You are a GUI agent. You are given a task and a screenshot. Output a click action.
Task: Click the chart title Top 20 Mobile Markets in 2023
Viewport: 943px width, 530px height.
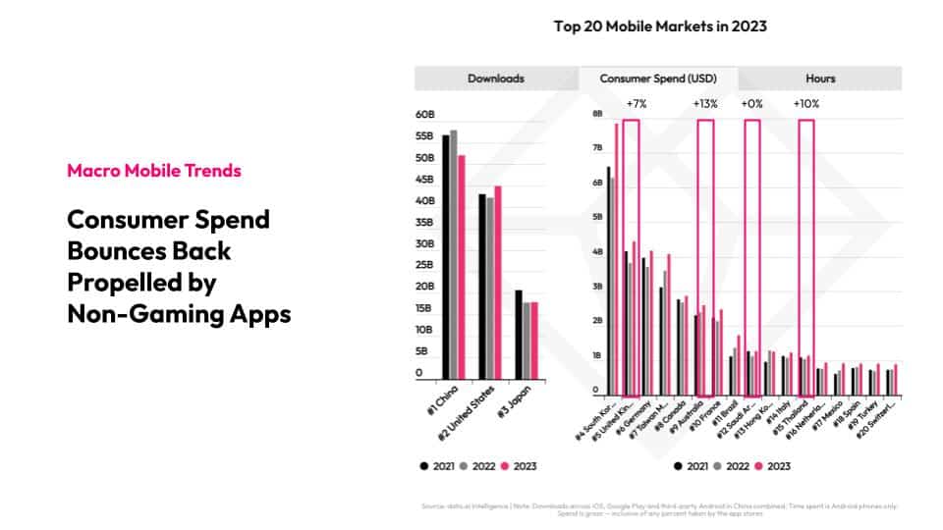(x=659, y=26)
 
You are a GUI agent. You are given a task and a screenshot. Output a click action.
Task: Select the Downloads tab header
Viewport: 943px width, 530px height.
(x=495, y=79)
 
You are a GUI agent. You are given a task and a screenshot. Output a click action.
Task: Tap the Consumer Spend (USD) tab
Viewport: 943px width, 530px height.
(x=658, y=79)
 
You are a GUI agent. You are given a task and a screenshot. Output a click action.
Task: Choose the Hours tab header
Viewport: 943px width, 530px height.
(x=820, y=79)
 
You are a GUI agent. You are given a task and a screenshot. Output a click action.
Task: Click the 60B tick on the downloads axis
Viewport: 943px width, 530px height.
(x=425, y=115)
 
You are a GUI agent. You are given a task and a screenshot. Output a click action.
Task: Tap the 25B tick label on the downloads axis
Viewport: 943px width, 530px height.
(x=425, y=265)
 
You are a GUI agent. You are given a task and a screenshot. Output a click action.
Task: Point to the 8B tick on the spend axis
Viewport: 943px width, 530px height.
(x=596, y=114)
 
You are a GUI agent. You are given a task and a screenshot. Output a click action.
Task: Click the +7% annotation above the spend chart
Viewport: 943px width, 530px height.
(x=638, y=103)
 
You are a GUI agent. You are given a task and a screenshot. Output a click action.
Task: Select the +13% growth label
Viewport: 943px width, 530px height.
(x=705, y=103)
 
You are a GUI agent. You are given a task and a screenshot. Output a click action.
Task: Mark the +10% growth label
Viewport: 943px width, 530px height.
(x=806, y=103)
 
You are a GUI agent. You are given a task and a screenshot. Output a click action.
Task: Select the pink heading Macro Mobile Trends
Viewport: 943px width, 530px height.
(x=154, y=171)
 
